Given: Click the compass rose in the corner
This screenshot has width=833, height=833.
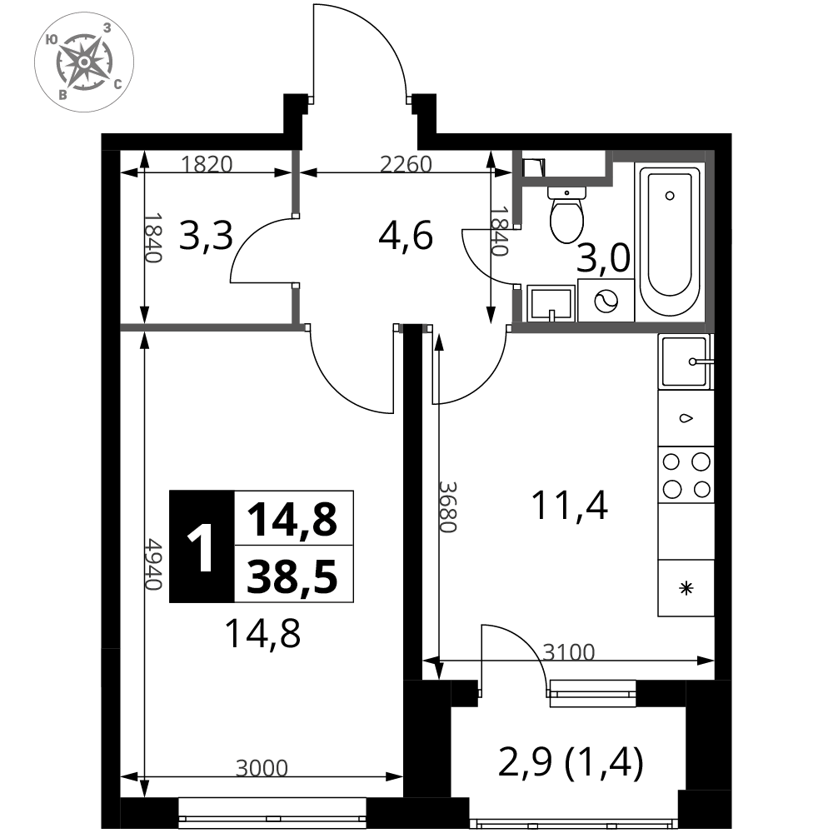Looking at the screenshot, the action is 84,62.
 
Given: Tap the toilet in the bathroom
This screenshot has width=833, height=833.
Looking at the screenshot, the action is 566,214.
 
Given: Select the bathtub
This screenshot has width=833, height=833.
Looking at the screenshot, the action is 670,242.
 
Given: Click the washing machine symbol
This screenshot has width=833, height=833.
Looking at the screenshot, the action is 606,301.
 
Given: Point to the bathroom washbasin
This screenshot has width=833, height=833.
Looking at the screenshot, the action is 551,303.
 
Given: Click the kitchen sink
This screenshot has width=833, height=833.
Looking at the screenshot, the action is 686,362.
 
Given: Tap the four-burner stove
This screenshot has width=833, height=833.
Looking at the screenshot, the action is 686,475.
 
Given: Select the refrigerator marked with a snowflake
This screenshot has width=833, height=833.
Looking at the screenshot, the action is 686,588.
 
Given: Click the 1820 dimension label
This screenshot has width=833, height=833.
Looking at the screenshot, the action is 207,165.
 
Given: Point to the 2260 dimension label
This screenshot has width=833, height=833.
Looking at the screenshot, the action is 406,165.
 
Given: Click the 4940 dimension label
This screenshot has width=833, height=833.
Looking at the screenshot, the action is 153,564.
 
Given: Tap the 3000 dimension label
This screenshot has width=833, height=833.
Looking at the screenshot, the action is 262,768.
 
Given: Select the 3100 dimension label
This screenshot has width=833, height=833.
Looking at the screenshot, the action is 568,652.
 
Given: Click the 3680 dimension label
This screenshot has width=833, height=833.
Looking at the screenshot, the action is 447,506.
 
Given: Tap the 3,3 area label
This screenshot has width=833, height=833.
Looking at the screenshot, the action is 206,236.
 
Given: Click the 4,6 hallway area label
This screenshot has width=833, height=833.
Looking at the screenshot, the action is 406,236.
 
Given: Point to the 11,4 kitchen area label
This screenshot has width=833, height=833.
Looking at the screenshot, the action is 570,506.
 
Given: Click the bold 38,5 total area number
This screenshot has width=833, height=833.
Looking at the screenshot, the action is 292,577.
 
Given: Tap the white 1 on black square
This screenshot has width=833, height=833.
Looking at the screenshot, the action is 202,546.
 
